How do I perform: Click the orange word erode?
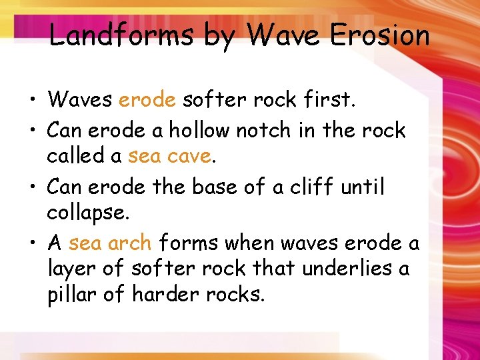[x=147, y=100]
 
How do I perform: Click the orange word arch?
[x=129, y=243]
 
